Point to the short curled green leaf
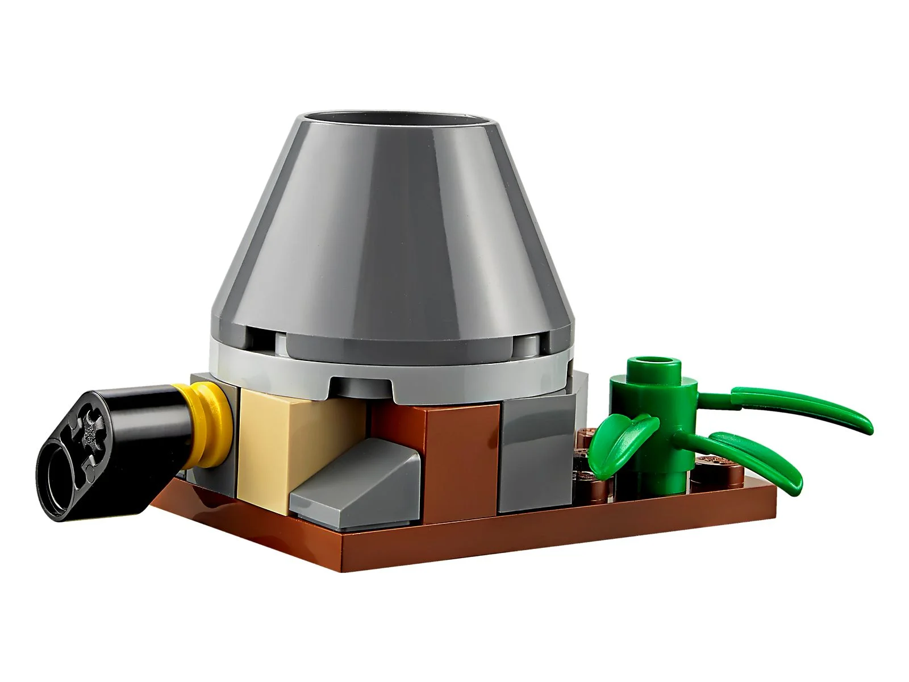point(619,438)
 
